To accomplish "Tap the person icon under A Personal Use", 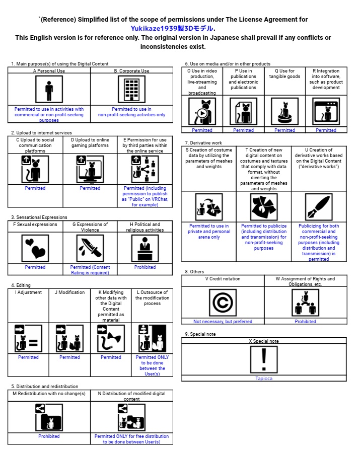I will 49,90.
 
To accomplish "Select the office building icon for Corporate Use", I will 131,90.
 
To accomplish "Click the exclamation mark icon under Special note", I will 264,360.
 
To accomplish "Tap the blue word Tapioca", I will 264,379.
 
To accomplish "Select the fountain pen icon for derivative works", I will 319,207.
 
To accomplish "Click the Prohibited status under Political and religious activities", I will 145,267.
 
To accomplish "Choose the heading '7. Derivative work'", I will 203,143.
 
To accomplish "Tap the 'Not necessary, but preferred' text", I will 223,322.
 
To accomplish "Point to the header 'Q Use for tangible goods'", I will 285,74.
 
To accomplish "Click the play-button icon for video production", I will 202,112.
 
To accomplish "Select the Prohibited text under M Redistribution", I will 49,436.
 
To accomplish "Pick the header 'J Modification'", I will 69,292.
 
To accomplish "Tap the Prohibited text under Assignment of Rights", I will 306,322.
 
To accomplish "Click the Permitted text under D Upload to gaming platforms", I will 90,188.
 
